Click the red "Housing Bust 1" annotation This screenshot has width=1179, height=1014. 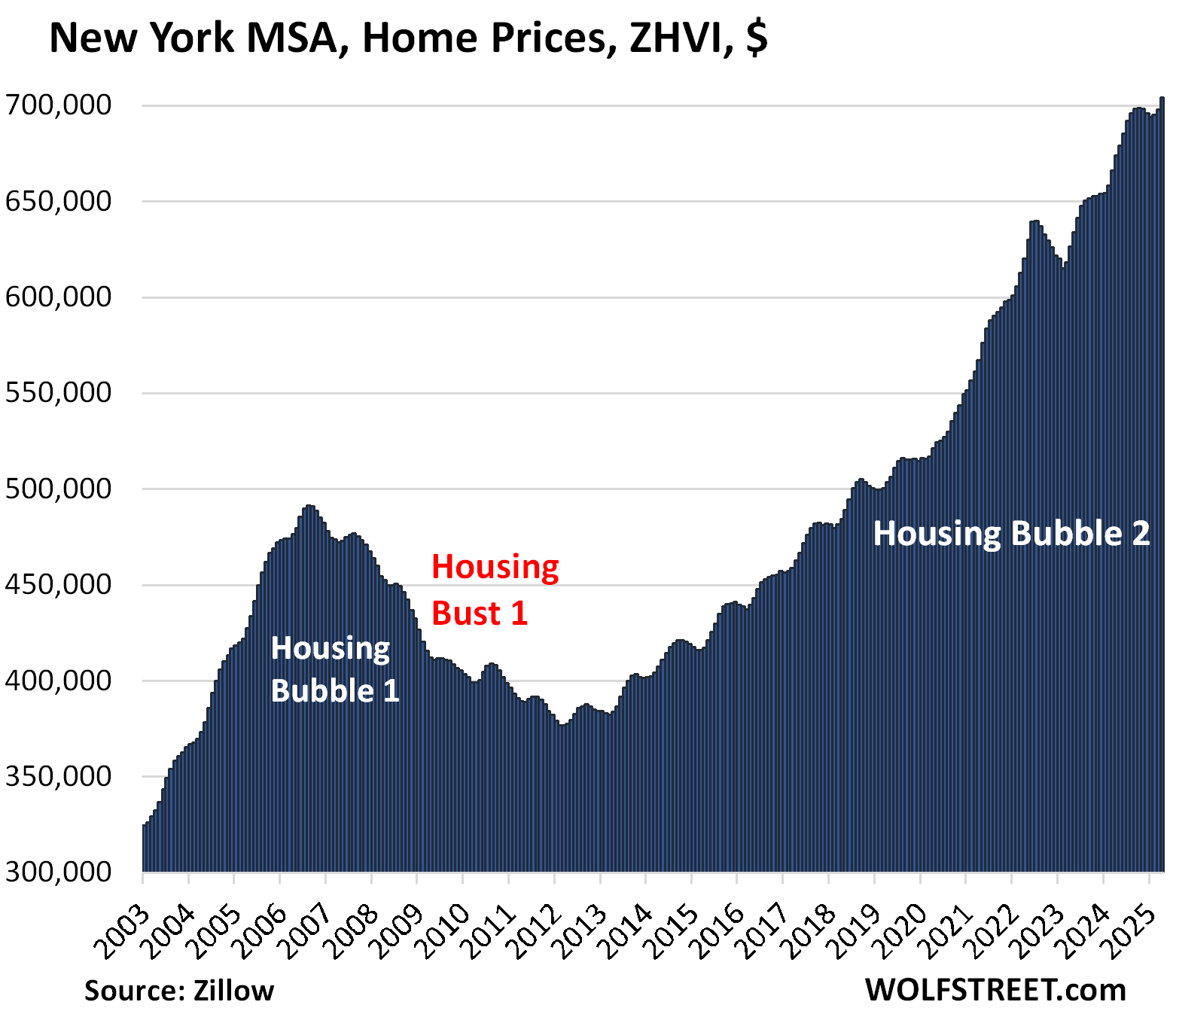(495, 590)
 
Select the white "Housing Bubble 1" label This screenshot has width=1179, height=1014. (334, 669)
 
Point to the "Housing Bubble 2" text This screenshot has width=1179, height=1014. (1011, 534)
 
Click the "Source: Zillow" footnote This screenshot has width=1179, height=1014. (179, 991)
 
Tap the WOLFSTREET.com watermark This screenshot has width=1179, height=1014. (995, 990)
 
